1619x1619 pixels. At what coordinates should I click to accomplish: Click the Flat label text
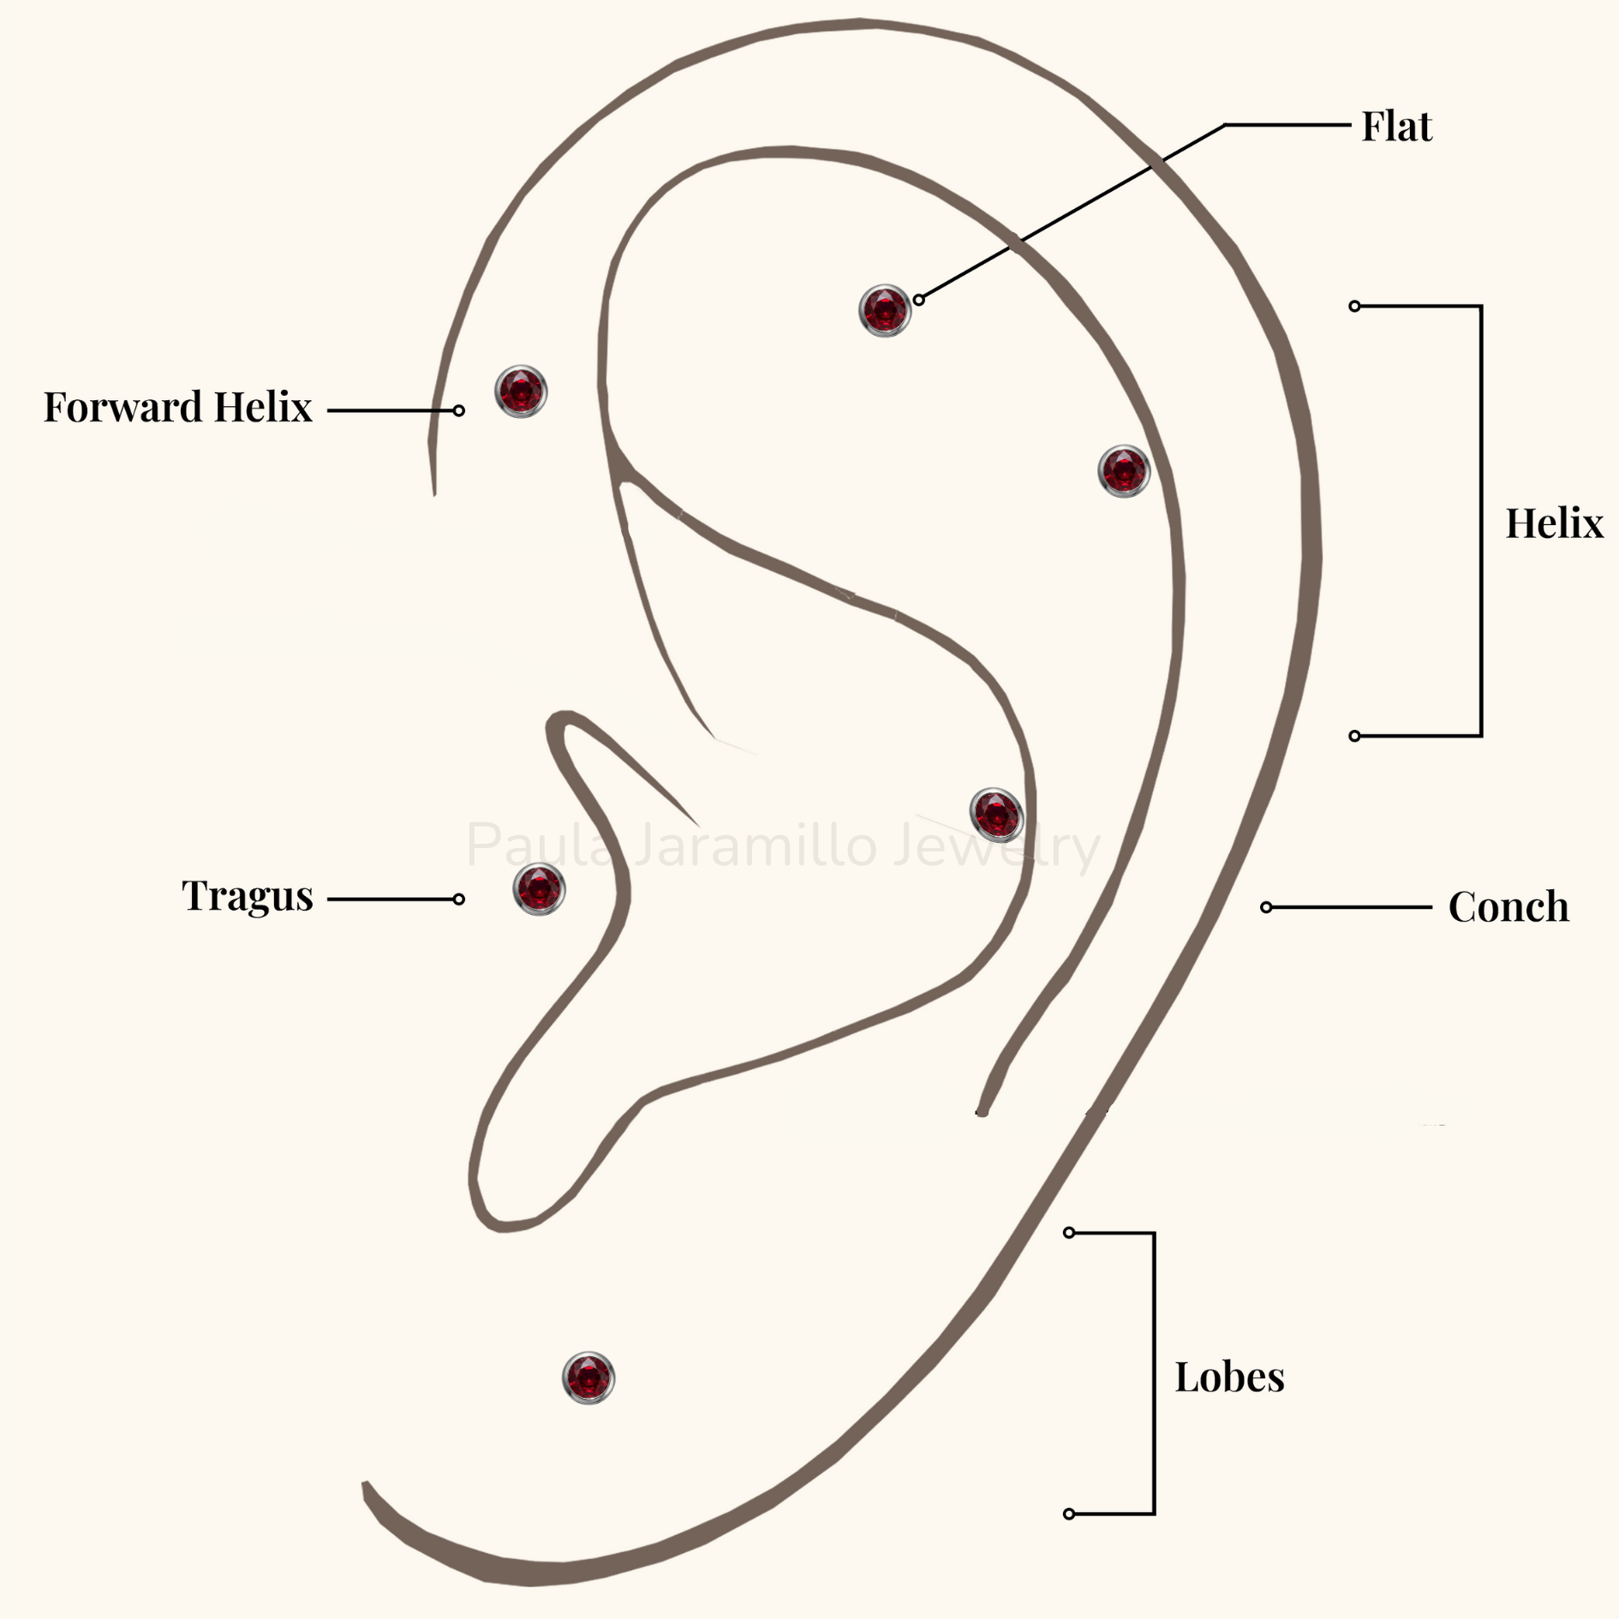click(1396, 126)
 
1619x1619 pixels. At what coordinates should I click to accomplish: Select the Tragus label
click(247, 896)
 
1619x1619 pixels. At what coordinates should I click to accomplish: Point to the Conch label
click(1508, 906)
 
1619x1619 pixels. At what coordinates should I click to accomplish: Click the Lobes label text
click(1229, 1377)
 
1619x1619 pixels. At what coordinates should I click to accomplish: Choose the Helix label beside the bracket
click(1554, 523)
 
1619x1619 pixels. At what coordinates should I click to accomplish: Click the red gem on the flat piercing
click(884, 310)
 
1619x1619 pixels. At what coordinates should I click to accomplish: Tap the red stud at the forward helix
click(521, 391)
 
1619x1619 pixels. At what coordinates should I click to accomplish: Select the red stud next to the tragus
click(539, 889)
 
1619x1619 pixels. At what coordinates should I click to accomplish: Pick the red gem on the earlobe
click(588, 1378)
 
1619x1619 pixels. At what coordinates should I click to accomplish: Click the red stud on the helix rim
click(1124, 471)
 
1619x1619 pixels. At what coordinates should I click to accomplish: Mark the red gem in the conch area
click(996, 814)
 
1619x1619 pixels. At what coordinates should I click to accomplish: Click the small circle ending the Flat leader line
click(918, 300)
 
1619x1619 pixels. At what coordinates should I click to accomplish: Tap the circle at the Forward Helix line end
click(459, 411)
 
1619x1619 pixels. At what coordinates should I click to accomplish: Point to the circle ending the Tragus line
click(459, 899)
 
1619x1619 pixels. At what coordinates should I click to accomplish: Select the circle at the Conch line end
click(1266, 907)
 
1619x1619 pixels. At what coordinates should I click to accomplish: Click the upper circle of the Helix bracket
click(1354, 306)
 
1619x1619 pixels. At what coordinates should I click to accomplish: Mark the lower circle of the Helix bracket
click(1354, 736)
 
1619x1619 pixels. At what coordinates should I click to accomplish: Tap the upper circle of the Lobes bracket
click(1069, 1233)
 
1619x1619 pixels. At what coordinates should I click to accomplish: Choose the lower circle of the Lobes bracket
click(1069, 1514)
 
